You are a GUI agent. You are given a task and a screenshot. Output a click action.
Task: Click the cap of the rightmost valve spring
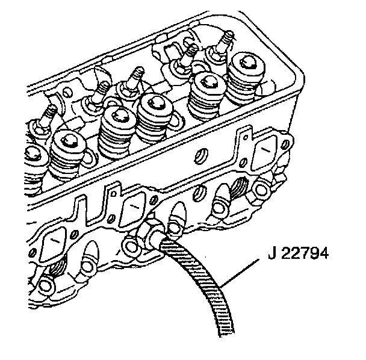click(247, 64)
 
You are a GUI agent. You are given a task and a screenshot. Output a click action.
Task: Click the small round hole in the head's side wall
click(196, 158)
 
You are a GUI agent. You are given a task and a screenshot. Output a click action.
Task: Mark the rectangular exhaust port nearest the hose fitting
click(131, 211)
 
